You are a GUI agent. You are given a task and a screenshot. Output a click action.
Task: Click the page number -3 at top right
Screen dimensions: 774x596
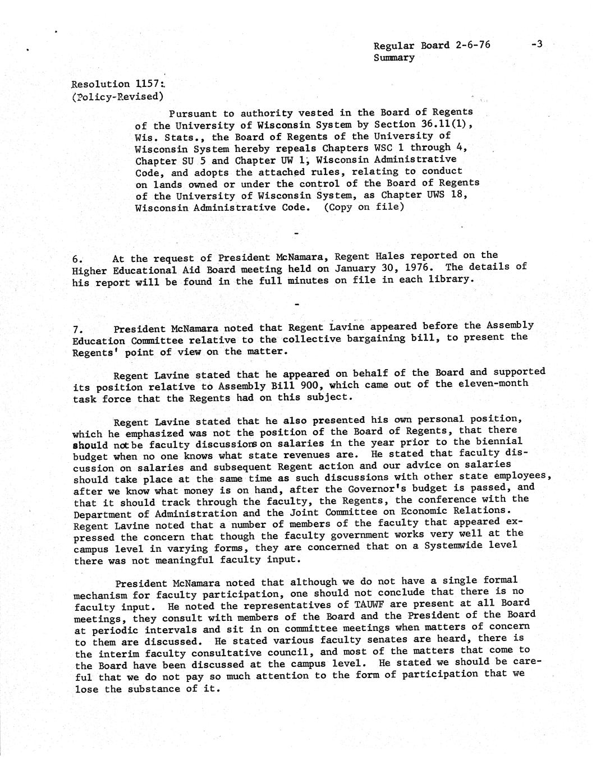tap(536, 44)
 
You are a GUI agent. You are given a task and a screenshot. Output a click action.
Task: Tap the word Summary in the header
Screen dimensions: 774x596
tap(394, 57)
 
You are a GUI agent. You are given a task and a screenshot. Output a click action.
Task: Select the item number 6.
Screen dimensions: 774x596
tap(78, 259)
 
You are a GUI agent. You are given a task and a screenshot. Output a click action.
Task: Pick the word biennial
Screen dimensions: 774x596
tap(499, 441)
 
